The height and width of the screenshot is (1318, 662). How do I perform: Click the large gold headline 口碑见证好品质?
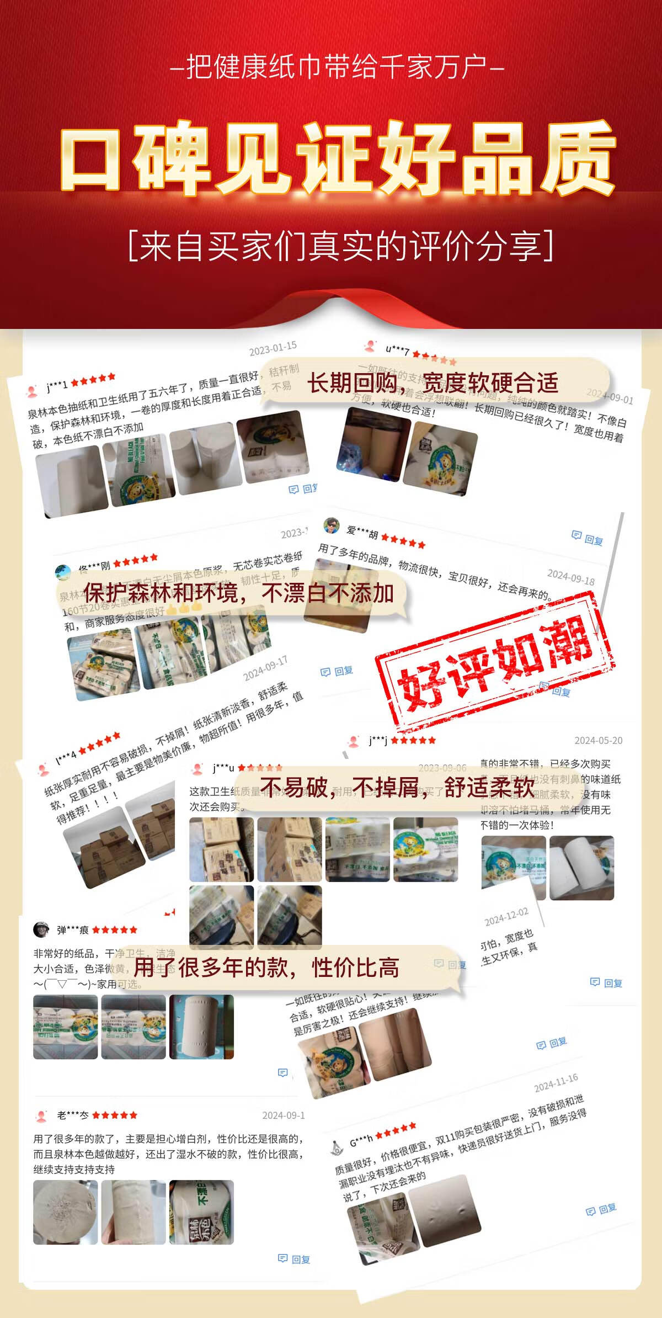(337, 157)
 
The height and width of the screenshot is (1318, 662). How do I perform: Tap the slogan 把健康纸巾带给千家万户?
(337, 67)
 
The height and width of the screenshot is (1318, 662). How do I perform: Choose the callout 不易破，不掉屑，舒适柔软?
(397, 788)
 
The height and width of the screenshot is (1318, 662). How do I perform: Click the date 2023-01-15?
(273, 348)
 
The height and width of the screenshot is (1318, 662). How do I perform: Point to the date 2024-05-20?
(598, 740)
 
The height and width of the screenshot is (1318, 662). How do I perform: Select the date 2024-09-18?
(570, 577)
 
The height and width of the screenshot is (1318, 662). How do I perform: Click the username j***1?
(57, 385)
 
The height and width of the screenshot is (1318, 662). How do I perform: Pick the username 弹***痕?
(73, 930)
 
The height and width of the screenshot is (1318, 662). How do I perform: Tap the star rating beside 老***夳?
(115, 1115)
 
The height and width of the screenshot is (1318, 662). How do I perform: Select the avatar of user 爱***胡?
(331, 525)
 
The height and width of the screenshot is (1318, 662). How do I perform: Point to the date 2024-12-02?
(506, 917)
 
